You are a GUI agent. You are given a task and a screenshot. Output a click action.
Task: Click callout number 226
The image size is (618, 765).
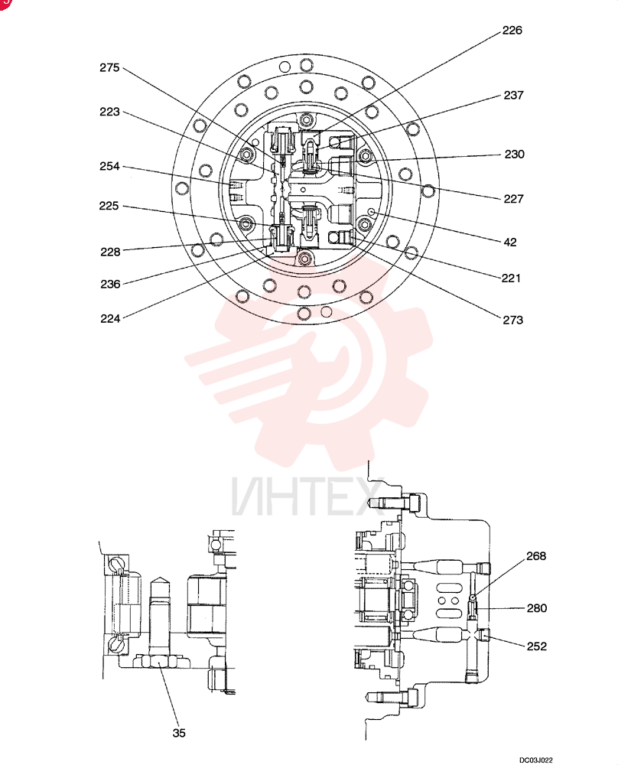(512, 31)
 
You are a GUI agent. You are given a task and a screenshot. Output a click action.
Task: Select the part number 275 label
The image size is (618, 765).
(109, 68)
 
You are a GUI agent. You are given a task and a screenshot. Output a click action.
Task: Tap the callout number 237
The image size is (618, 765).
(514, 95)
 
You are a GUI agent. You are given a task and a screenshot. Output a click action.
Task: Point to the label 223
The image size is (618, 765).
(109, 112)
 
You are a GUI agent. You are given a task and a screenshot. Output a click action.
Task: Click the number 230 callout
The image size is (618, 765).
(515, 155)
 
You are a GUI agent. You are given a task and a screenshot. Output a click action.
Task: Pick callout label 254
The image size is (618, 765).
(109, 166)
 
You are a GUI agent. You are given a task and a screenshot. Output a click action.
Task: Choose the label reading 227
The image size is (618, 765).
(514, 199)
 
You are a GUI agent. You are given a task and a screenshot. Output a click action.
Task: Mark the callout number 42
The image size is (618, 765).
(510, 242)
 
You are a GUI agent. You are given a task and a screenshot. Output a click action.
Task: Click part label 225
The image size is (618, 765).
(109, 206)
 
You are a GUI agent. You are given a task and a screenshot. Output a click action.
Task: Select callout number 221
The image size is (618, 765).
(511, 278)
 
